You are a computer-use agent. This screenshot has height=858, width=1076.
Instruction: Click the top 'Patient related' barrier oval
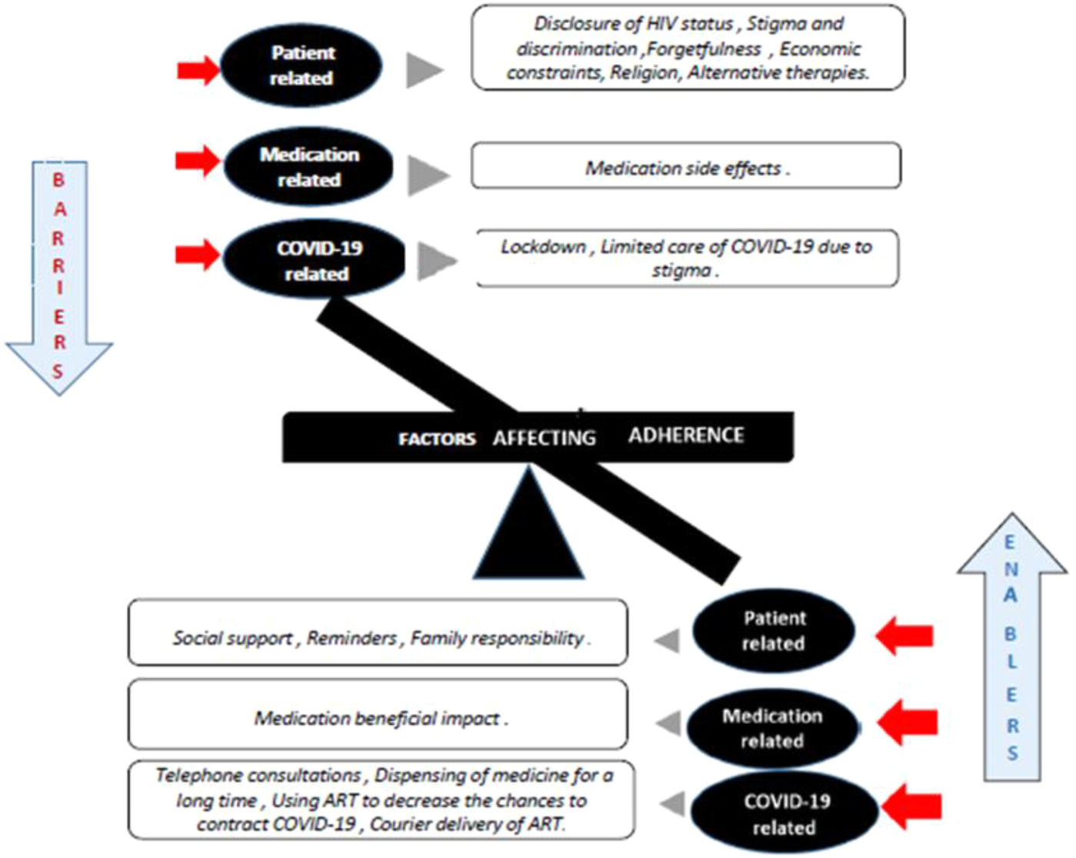[x=301, y=65]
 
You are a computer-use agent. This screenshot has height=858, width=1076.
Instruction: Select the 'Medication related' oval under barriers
[x=308, y=166]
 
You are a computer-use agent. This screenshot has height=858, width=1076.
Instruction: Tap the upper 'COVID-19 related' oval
[x=314, y=261]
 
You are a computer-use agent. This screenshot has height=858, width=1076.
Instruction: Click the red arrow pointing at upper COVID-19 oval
[x=198, y=254]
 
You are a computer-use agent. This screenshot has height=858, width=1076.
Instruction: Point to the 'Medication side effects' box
[x=685, y=166]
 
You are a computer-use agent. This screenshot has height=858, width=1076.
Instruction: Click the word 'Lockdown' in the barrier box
[x=543, y=247]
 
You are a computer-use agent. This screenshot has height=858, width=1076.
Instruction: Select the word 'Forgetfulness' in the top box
[x=704, y=49]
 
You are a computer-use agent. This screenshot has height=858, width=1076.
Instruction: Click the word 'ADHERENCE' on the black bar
[x=686, y=436]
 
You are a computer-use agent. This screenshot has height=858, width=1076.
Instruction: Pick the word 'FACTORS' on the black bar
[x=436, y=439]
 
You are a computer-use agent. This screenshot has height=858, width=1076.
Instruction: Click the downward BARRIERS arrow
[x=59, y=277]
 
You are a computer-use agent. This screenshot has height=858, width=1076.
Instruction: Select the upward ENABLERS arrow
[x=1011, y=646]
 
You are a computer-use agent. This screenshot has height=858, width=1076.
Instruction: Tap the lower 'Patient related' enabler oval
[x=774, y=630]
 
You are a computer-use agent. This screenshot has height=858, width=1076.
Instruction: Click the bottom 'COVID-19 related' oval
[x=784, y=813]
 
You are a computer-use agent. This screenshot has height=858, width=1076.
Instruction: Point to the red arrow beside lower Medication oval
[x=908, y=722]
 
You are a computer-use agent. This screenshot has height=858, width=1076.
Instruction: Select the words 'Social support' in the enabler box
[x=232, y=638]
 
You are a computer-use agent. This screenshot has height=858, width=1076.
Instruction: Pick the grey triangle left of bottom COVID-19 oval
[x=674, y=803]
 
